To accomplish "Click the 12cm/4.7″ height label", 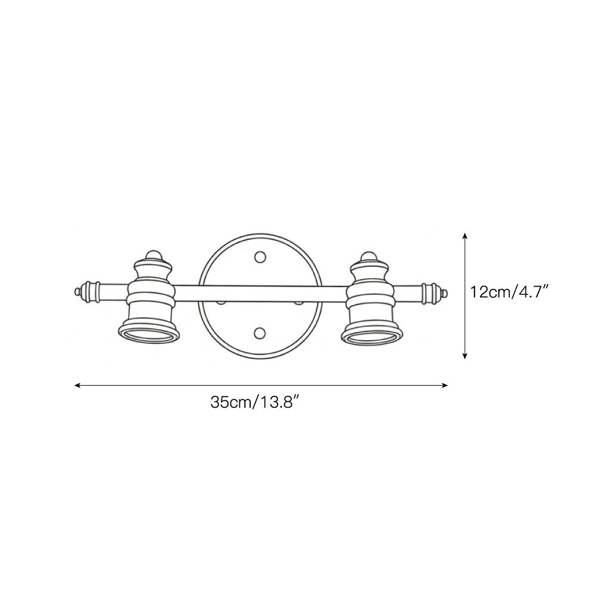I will [509, 293].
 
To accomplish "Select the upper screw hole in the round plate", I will [260, 257].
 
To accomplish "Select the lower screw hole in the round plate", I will [260, 332].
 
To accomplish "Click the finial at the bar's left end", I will [77, 291].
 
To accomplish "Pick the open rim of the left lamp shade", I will [149, 335].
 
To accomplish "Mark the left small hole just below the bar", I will [221, 303].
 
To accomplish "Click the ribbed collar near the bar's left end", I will [91, 291].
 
